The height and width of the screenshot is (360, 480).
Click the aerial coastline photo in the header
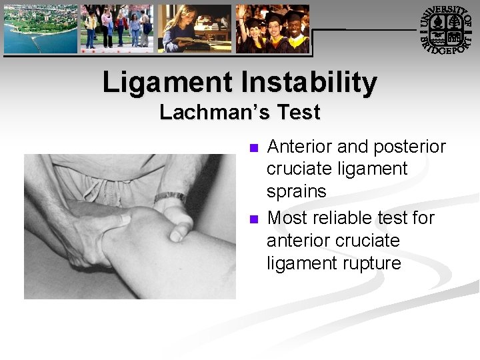pyautogui.click(x=40, y=29)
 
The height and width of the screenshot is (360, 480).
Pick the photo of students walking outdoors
pyautogui.click(x=117, y=29)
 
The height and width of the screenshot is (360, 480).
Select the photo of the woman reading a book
pyautogui.click(x=194, y=29)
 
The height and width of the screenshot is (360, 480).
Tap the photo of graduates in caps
pyautogui.click(x=273, y=29)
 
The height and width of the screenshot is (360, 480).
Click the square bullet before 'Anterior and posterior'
pyautogui.click(x=252, y=147)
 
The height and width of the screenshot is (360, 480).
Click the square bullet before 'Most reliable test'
pyautogui.click(x=252, y=219)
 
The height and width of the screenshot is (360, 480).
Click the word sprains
pyautogui.click(x=297, y=192)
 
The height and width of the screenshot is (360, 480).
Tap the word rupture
pyautogui.click(x=369, y=263)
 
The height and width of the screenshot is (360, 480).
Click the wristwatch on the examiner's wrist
pyautogui.click(x=169, y=197)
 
